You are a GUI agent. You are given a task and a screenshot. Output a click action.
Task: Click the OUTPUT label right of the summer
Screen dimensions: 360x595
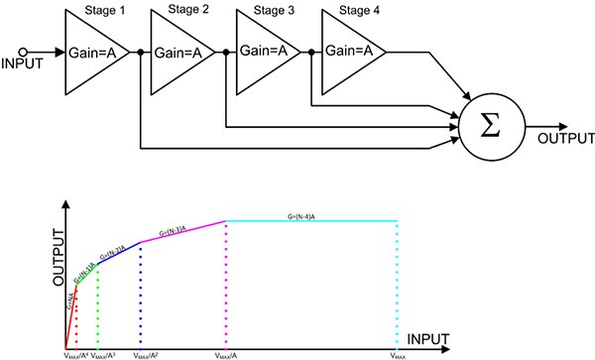(x=561, y=139)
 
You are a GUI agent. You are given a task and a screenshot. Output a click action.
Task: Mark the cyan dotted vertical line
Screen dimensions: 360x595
(x=397, y=288)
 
